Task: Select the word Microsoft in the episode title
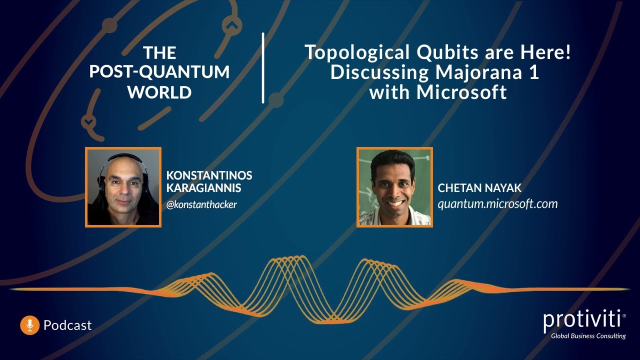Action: [x=462, y=92]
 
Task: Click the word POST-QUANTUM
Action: [x=159, y=72]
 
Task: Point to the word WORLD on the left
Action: [x=159, y=92]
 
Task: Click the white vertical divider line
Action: [x=263, y=68]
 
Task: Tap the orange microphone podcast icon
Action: [x=29, y=325]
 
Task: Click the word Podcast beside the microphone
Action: [x=67, y=325]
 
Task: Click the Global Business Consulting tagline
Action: [x=588, y=336]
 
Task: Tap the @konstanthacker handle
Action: [x=201, y=204]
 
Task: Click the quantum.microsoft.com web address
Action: [x=497, y=204]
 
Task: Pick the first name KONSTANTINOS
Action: [x=209, y=176]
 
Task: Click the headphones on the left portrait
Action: [x=103, y=172]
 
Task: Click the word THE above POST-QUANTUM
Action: [x=159, y=52]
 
